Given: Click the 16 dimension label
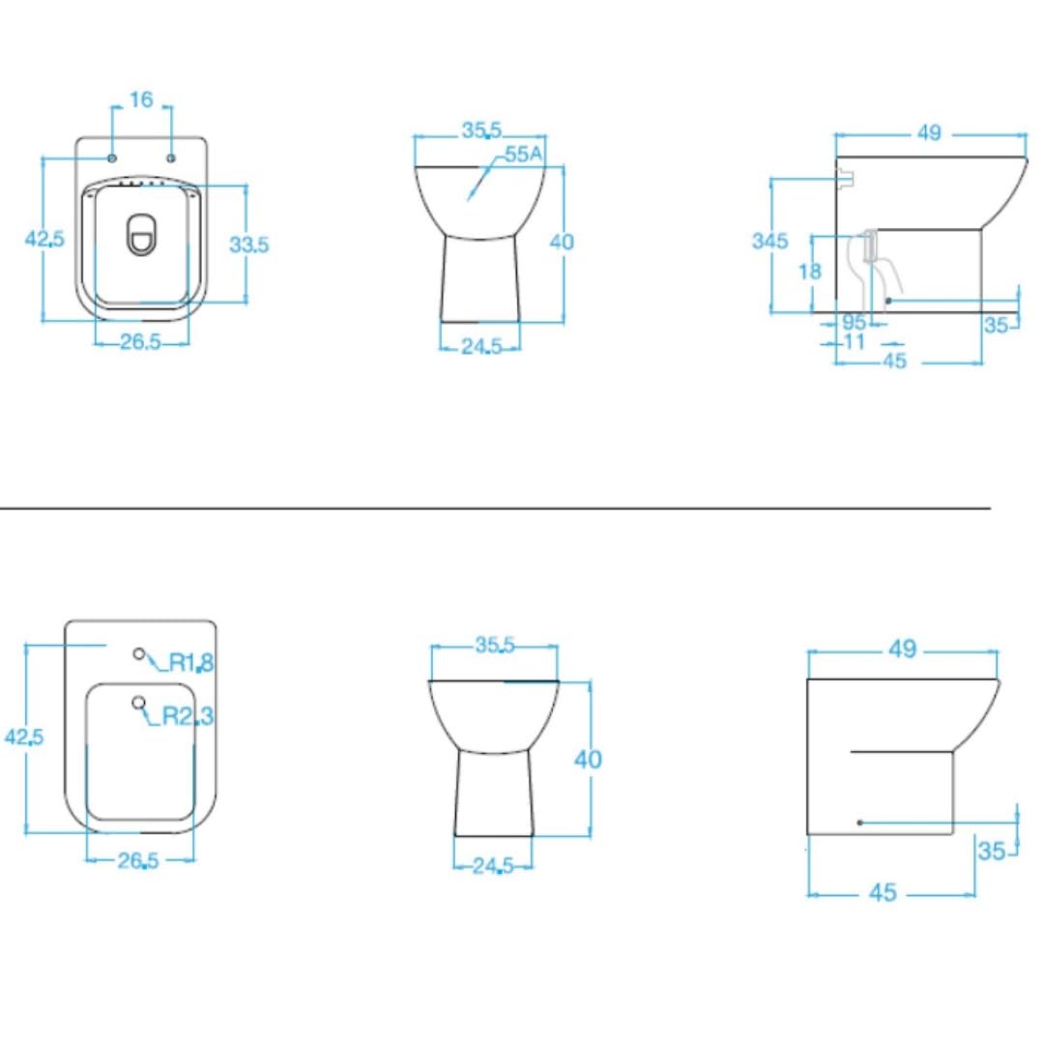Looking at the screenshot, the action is click(x=141, y=100).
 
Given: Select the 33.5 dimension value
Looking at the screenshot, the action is click(x=249, y=245).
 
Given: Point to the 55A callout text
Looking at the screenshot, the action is click(x=523, y=155).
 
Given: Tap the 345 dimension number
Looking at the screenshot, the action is click(x=769, y=241).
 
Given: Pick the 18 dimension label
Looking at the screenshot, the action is click(x=810, y=271).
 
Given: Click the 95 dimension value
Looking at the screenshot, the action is click(x=854, y=322).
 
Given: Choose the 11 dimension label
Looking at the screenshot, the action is click(x=854, y=341).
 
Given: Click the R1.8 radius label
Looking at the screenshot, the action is click(x=191, y=662).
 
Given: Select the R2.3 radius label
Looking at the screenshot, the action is click(x=188, y=715).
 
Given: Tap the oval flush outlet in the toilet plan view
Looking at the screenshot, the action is click(x=140, y=235).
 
